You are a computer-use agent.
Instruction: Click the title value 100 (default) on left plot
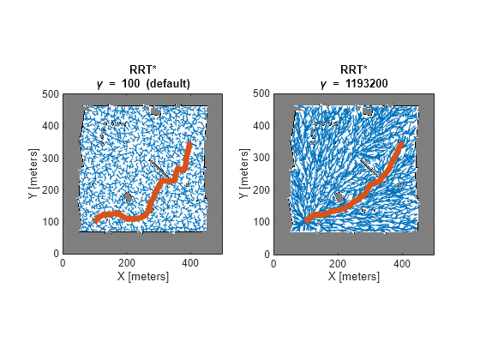tap(155, 83)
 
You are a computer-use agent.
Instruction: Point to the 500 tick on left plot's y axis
tap(51, 94)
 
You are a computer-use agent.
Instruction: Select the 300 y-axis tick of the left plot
tap(51, 159)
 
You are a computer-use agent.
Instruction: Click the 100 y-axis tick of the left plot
tap(51, 222)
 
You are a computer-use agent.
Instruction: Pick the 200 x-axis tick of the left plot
tap(127, 264)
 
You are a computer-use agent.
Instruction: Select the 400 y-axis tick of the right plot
tap(261, 126)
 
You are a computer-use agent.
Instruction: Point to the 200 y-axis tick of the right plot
tap(261, 190)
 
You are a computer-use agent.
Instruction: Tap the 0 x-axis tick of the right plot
tap(273, 264)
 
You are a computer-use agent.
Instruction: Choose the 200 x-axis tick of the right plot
tap(338, 264)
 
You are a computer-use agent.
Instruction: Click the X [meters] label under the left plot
tap(142, 277)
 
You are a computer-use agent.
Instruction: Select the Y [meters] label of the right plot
tap(243, 174)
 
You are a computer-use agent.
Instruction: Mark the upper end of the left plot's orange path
tap(190, 145)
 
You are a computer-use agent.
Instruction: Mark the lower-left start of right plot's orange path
tap(306, 221)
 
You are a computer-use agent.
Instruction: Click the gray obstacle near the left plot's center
tap(129, 197)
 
